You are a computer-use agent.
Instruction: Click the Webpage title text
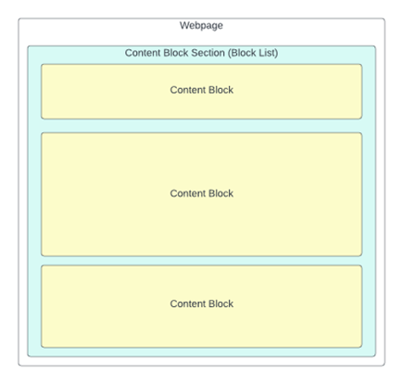(x=201, y=26)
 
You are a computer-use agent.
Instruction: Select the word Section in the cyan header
(x=208, y=53)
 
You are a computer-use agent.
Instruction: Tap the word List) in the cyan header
(x=268, y=53)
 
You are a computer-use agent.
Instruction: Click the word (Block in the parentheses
(x=242, y=53)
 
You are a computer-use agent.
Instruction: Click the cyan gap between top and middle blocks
(x=201, y=126)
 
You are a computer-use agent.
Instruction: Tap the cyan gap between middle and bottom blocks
(x=201, y=261)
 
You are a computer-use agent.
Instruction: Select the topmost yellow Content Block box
(x=201, y=92)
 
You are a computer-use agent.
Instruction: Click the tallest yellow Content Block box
(x=201, y=194)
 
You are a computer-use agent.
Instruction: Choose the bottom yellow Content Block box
(x=201, y=306)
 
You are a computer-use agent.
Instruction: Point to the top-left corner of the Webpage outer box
(x=19, y=19)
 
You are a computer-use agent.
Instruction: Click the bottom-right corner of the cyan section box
(x=376, y=357)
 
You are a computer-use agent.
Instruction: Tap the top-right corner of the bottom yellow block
(x=362, y=266)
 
